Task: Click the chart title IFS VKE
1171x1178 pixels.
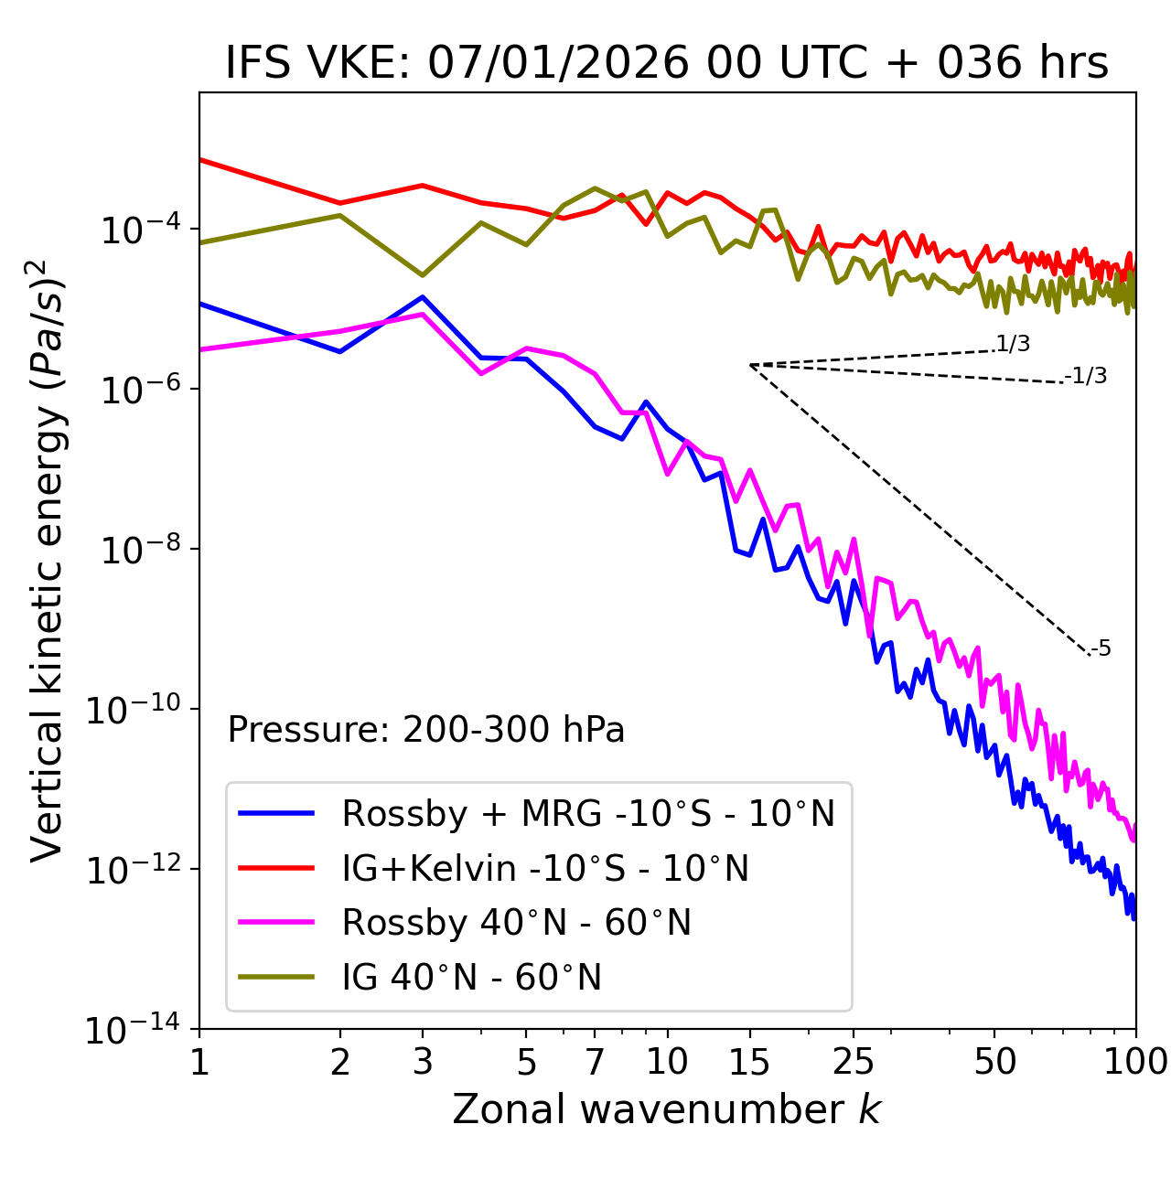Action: pyautogui.click(x=666, y=64)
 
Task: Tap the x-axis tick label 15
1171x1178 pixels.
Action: pyautogui.click(x=749, y=1062)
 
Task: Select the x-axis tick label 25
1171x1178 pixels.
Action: pyautogui.click(x=854, y=1062)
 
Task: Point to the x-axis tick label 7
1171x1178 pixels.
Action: pyautogui.click(x=595, y=1062)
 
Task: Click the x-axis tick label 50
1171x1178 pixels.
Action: pyautogui.click(x=994, y=1062)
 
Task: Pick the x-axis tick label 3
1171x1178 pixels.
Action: pyautogui.click(x=423, y=1062)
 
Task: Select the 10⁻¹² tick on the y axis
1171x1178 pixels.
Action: pyautogui.click(x=133, y=871)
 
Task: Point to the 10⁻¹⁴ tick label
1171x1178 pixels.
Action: pyautogui.click(x=133, y=1031)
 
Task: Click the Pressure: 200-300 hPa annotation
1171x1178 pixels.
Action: pyautogui.click(x=425, y=730)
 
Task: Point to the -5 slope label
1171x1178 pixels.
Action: pyautogui.click(x=1101, y=649)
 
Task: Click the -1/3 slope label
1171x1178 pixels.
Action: pyautogui.click(x=1087, y=376)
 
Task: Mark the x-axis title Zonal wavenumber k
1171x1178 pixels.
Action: pyautogui.click(x=666, y=1109)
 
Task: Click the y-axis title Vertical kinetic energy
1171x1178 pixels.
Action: pyautogui.click(x=50, y=560)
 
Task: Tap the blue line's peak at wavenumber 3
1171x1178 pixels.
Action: pyautogui.click(x=423, y=297)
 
